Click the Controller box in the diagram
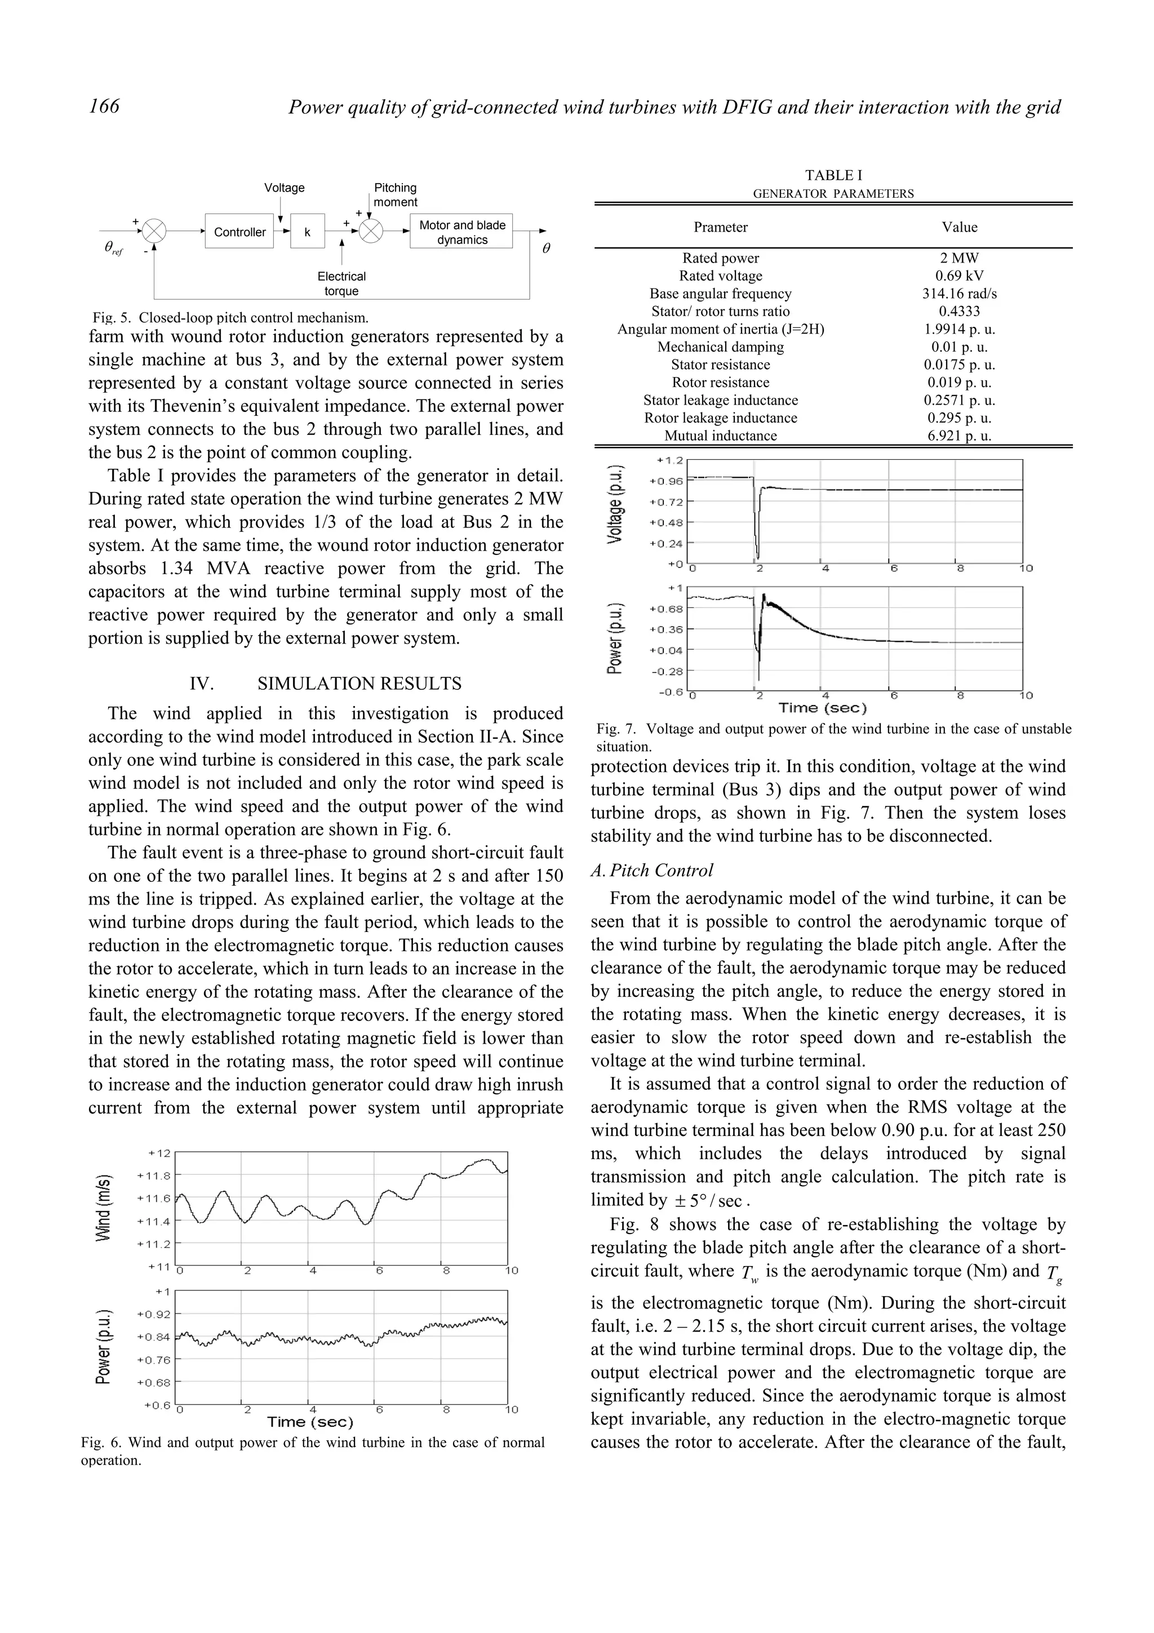[x=239, y=232]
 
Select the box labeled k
[x=307, y=232]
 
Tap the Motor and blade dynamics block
[x=461, y=232]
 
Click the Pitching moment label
[x=396, y=195]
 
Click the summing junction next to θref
[x=154, y=231]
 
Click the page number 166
[x=104, y=106]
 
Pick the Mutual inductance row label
[x=720, y=436]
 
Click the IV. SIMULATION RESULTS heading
[x=326, y=684]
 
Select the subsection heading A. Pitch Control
[x=651, y=871]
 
